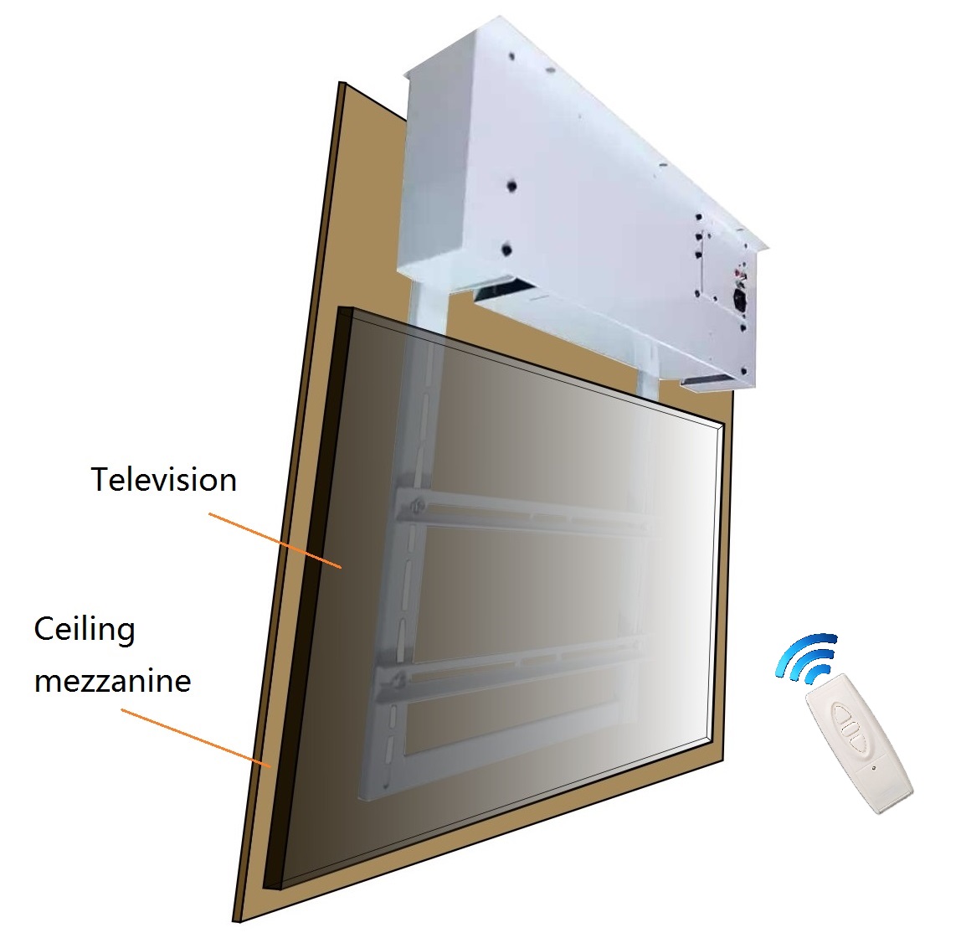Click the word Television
tap(163, 480)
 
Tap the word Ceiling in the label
tap(84, 629)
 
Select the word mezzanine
tap(112, 680)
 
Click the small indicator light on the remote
tap(873, 766)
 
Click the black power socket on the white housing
tap(740, 299)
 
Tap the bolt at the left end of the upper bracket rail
tap(418, 505)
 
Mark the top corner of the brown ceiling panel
tap(340, 84)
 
